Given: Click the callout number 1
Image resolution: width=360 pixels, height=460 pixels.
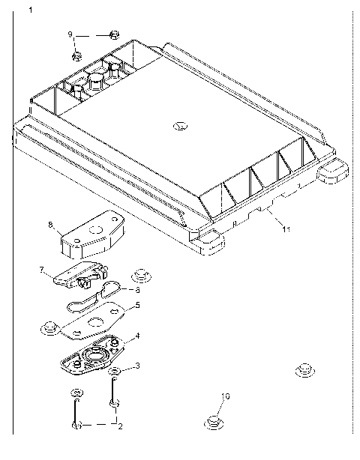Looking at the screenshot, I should (30, 10).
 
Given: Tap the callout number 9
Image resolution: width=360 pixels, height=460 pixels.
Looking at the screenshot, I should (70, 34).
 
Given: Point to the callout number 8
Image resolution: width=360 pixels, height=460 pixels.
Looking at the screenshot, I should (50, 223).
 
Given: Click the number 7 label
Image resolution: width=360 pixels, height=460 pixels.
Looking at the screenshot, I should (43, 269).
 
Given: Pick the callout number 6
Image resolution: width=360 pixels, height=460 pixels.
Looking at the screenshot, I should (136, 290).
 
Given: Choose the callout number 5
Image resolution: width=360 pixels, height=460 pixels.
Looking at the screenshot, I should (136, 306).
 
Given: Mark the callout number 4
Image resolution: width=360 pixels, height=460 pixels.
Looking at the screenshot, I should (136, 337).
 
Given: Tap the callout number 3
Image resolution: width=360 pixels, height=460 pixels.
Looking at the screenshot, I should (136, 365).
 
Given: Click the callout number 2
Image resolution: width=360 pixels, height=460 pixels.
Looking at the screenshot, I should (118, 426).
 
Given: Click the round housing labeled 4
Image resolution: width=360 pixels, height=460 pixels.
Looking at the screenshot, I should (95, 357).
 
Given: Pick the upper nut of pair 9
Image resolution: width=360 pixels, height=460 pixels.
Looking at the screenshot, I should (113, 34).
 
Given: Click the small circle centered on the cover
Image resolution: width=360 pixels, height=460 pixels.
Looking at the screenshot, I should (179, 126).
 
